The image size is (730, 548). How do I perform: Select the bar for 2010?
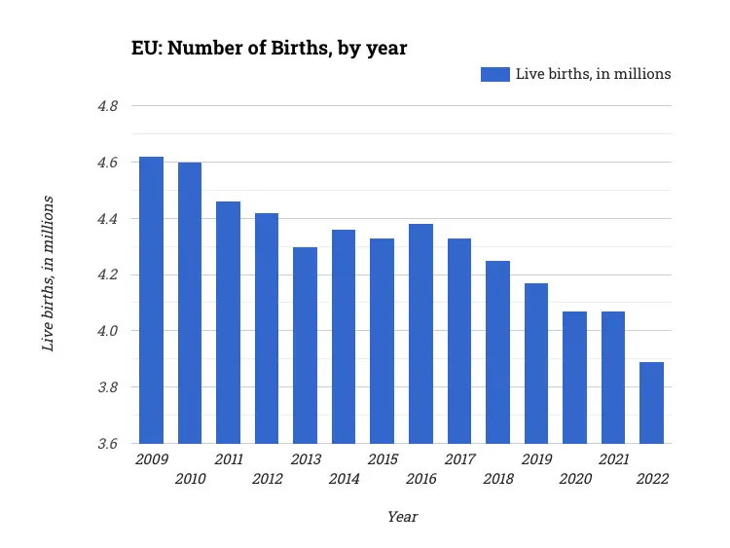[x=190, y=303]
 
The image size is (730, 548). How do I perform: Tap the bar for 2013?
[x=305, y=346]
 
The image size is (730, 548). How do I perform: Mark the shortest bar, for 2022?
[x=651, y=403]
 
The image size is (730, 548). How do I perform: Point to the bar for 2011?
[x=228, y=322]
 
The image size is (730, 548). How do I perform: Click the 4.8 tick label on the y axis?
[x=107, y=106]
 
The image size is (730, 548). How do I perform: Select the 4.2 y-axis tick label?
[x=107, y=275]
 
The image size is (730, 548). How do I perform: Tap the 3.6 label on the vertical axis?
[x=107, y=444]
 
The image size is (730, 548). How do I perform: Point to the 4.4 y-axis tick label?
[x=107, y=219]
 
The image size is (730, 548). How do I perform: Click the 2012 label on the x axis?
[x=267, y=479]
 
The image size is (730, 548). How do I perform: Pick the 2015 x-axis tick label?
[x=382, y=458]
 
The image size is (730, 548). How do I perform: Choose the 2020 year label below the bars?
[x=574, y=479]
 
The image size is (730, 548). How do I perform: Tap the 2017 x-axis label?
[x=459, y=458]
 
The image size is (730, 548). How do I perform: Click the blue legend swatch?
[x=494, y=74]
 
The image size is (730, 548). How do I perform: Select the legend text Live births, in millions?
[x=593, y=74]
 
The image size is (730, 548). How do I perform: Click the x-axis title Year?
[x=402, y=517]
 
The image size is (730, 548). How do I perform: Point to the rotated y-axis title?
[x=47, y=274]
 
